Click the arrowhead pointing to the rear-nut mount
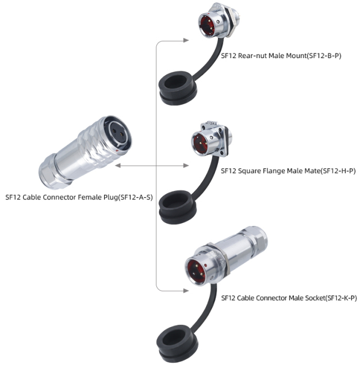(186, 40)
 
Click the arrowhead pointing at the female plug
(117, 166)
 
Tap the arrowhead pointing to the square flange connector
(186, 166)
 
